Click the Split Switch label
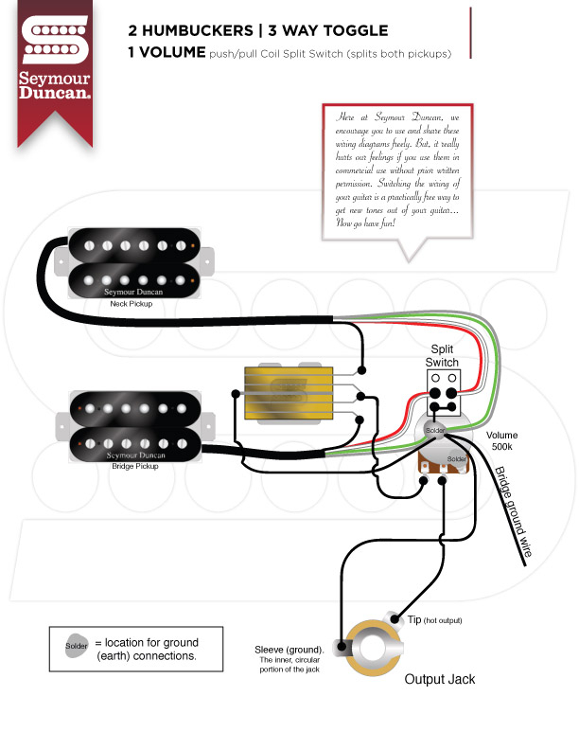point(442,356)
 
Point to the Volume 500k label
point(502,440)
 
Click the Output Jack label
point(439,679)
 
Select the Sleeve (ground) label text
point(289,650)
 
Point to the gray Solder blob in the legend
point(78,648)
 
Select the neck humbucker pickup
point(132,260)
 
